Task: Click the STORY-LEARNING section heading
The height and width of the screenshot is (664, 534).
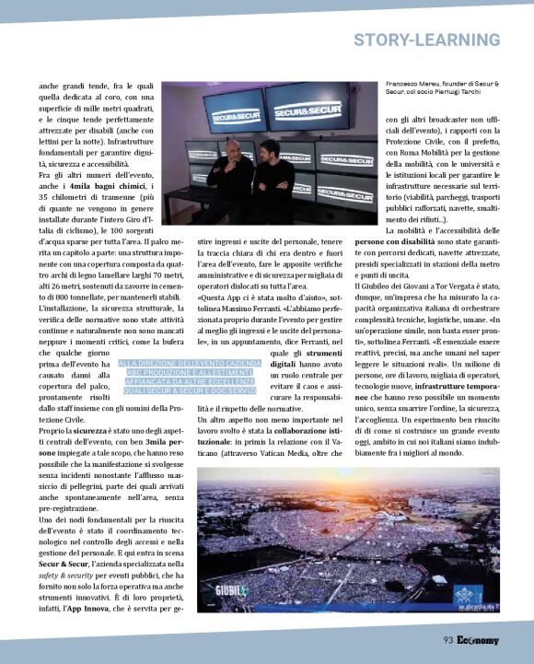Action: click(426, 41)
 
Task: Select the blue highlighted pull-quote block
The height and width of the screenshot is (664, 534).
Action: click(192, 379)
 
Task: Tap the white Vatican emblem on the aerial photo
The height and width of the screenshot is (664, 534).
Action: click(479, 597)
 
